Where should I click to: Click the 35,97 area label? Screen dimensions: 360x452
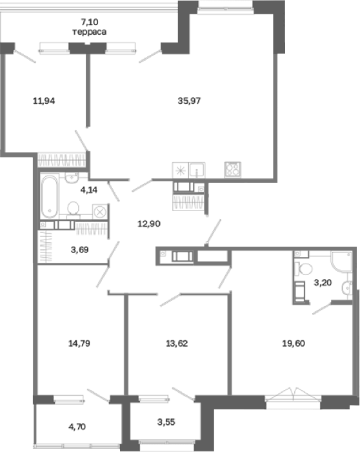189,101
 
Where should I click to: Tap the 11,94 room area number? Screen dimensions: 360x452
44,101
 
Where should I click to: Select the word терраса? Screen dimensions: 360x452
90,32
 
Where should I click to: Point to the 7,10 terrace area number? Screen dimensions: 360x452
90,21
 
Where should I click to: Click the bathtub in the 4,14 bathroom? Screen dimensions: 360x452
49,197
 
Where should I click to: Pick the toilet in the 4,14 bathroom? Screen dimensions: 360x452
73,209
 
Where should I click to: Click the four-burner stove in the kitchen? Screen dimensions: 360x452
233,169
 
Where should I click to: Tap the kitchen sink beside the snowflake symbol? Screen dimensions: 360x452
197,170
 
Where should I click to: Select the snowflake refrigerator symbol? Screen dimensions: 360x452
180,170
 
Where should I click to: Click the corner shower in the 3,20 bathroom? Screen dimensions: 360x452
342,262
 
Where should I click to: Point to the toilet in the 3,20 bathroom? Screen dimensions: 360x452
305,269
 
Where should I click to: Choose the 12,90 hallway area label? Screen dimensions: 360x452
149,223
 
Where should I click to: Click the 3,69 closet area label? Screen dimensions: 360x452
79,250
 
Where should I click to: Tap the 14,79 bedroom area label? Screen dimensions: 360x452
79,344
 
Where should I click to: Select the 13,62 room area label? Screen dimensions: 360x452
177,344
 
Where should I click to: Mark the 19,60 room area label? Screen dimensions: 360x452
294,344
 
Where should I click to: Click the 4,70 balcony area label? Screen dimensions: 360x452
77,427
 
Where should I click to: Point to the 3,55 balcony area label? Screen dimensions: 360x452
166,422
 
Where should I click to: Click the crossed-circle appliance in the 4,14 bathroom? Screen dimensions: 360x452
100,212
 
